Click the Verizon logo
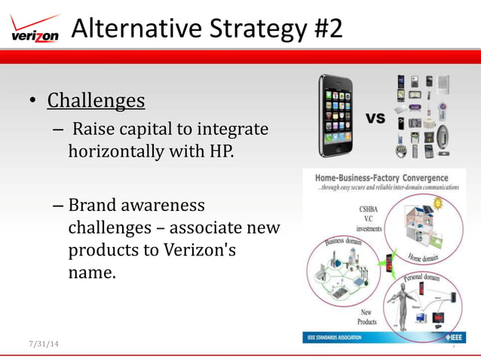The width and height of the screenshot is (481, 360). tap(35, 30)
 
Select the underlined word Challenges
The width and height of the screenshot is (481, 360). tap(96, 100)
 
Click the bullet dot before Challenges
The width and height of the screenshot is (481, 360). tap(32, 102)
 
